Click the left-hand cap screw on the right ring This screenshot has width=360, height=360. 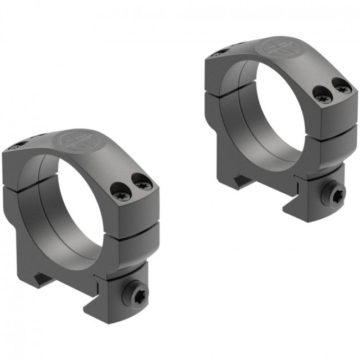tap(324, 97)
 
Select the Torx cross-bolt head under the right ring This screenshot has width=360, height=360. tap(337, 193)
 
